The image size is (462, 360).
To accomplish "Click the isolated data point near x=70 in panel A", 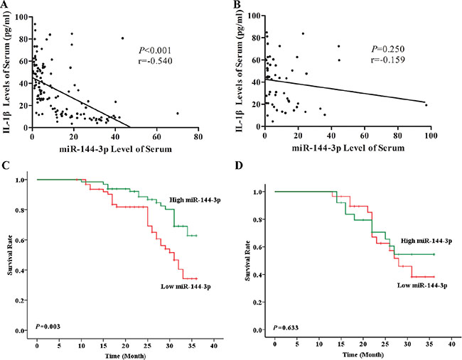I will (x=178, y=113).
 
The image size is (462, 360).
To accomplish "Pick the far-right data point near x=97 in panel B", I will (x=426, y=105).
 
